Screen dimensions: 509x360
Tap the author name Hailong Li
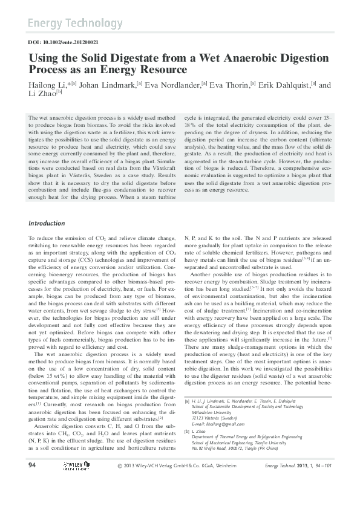coord(48,85)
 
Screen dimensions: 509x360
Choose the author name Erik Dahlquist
coord(284,85)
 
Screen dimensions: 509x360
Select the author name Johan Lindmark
coord(108,85)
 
